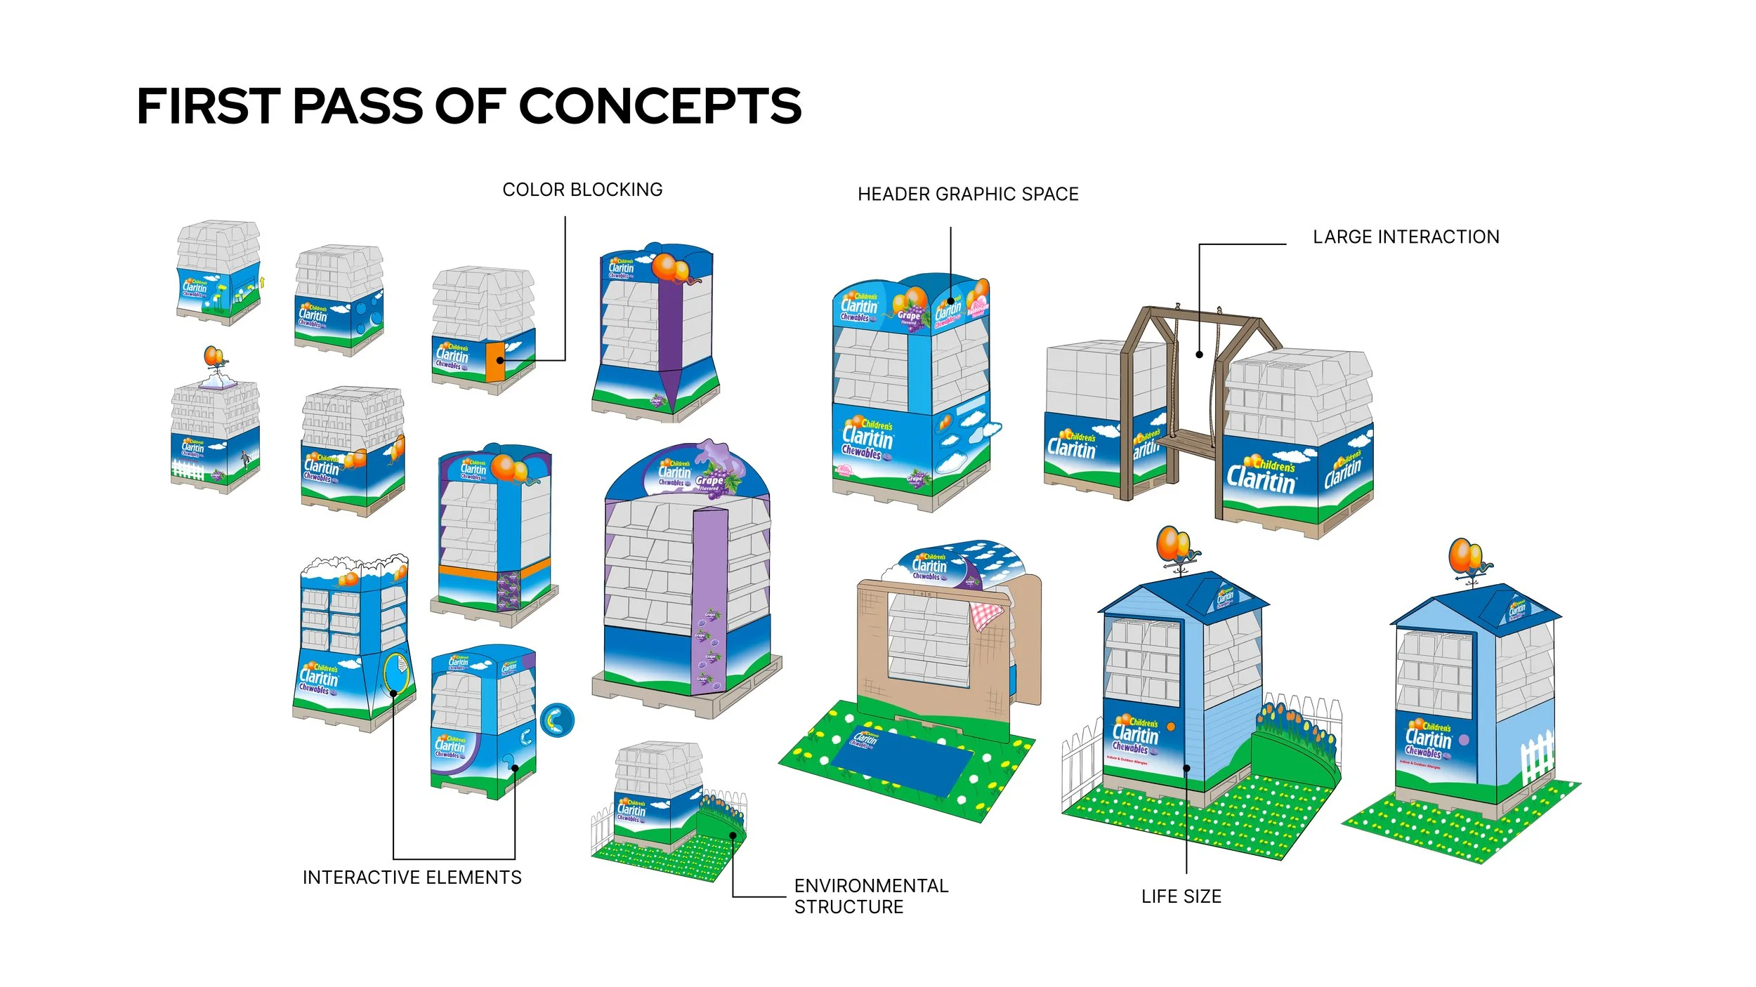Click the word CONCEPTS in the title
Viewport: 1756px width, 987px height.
pos(660,107)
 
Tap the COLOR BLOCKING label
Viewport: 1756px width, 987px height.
pos(582,190)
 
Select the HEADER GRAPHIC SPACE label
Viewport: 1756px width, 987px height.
pos(968,194)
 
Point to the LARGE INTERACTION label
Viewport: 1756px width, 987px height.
pos(1406,237)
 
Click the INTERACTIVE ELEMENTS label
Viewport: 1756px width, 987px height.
pos(412,877)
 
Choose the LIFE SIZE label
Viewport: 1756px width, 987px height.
pos(1181,896)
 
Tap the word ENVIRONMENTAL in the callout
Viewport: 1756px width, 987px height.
pos(871,886)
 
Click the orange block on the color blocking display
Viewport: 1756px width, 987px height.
pos(495,362)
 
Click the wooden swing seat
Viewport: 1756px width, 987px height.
pos(1187,442)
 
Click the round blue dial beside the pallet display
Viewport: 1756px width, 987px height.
pos(557,720)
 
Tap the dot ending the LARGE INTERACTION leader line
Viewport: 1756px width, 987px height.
pos(1200,355)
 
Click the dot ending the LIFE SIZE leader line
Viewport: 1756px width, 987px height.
pos(1186,768)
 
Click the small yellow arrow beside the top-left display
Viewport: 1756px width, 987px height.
pos(263,282)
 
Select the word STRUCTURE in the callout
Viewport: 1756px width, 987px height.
pos(848,907)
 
